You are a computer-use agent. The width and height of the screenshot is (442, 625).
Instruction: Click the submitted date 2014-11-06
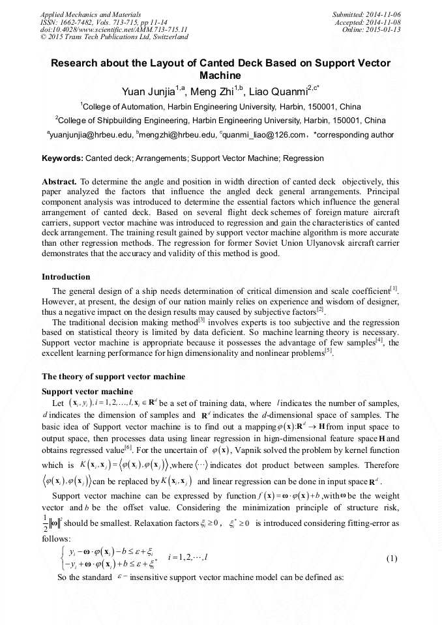[x=383, y=14]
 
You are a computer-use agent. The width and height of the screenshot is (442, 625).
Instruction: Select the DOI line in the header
[x=114, y=29]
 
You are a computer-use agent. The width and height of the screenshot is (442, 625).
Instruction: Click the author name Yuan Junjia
[x=149, y=91]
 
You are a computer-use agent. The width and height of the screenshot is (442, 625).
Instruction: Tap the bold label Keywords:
[x=63, y=158]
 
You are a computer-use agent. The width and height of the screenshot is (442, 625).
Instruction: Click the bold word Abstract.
[x=59, y=181]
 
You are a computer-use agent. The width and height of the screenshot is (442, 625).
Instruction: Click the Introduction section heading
[x=66, y=277]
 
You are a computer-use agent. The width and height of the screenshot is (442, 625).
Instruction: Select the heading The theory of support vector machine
[x=113, y=377]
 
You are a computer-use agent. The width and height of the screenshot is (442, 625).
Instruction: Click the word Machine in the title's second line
[x=220, y=76]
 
